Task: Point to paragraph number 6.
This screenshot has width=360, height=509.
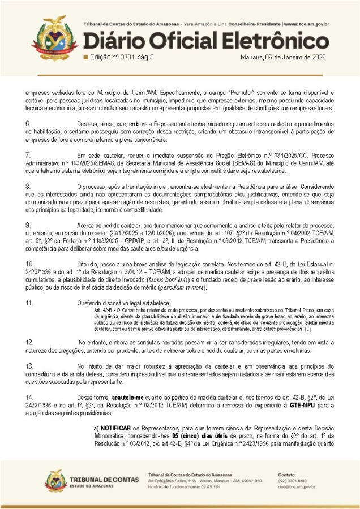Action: point(28,123)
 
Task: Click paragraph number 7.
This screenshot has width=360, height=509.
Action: point(28,154)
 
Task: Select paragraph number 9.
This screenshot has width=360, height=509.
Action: point(28,225)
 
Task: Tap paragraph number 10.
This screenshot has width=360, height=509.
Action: point(30,264)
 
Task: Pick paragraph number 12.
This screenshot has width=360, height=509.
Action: point(30,342)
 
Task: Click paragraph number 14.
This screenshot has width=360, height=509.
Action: point(30,398)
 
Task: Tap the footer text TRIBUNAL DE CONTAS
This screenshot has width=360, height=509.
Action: point(101,479)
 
